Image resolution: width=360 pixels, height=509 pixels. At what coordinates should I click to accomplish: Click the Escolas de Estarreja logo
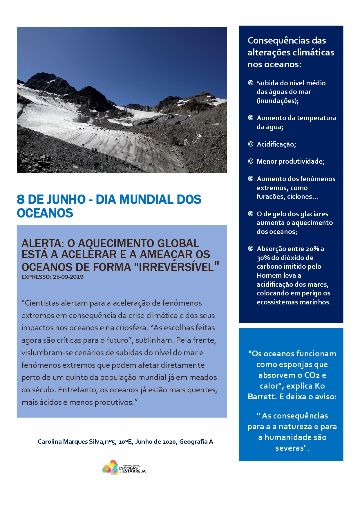(124, 467)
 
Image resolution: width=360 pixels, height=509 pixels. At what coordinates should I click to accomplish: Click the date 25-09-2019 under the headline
(68, 277)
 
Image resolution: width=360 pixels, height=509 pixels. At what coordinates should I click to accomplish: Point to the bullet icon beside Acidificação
(251, 144)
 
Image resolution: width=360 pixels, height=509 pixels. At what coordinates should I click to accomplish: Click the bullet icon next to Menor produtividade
(251, 161)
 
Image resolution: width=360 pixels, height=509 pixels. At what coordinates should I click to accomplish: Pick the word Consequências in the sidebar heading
(275, 41)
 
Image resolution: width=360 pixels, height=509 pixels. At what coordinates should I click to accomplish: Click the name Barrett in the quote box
(261, 396)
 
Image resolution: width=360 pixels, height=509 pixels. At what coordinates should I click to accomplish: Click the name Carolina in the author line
(50, 441)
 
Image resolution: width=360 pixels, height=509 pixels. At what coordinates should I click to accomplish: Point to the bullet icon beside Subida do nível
(251, 83)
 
